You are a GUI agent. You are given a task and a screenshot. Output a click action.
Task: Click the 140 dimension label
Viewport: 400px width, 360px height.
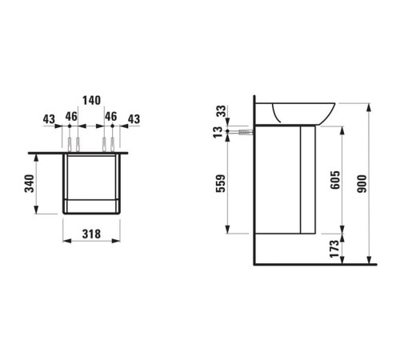click(x=90, y=102)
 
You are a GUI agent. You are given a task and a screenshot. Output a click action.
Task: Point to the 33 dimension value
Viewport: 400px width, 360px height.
click(x=222, y=111)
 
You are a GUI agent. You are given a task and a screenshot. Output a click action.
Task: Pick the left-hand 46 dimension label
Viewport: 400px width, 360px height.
click(x=70, y=117)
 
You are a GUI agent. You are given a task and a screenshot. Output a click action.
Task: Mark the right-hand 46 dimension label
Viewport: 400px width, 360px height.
click(x=111, y=117)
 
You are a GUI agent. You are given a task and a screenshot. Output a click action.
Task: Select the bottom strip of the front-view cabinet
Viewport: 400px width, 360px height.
click(x=90, y=206)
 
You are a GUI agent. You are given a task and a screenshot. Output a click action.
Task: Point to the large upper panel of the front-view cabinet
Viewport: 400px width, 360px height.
click(x=90, y=174)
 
